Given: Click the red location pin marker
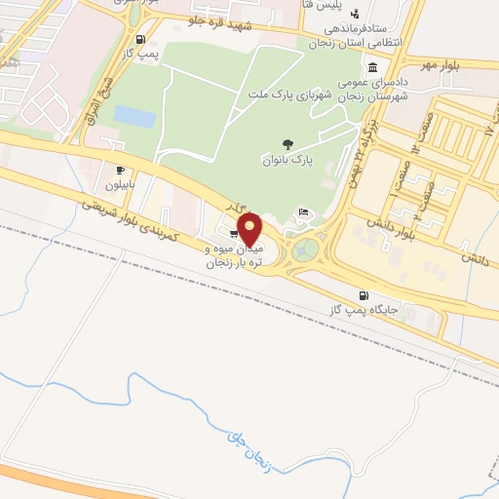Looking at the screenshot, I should pyautogui.click(x=250, y=230).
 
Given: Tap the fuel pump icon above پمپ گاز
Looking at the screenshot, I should pyautogui.click(x=144, y=41).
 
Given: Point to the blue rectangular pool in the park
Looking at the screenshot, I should pyautogui.click(x=134, y=117).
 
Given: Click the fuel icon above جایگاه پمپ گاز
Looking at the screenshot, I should pyautogui.click(x=365, y=295).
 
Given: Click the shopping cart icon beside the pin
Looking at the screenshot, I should pyautogui.click(x=234, y=234).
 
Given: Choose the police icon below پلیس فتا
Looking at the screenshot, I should pyautogui.click(x=355, y=13).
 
